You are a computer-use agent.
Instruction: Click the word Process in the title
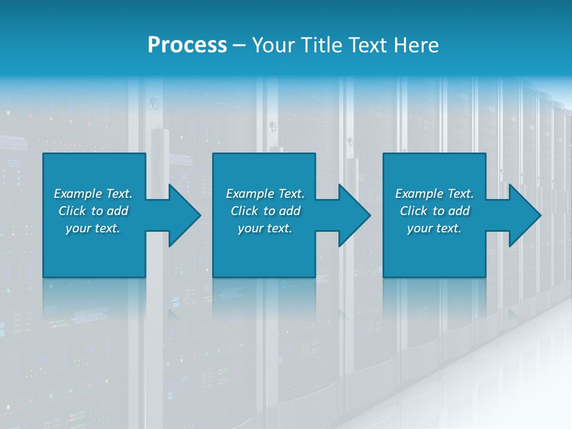pos(187,45)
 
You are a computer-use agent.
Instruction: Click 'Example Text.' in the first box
pos(93,194)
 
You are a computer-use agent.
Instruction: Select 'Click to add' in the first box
pos(93,211)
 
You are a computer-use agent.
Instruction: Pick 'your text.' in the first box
pos(93,228)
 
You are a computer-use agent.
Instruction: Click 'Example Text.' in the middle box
pos(265,194)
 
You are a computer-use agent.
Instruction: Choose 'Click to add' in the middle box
pos(265,211)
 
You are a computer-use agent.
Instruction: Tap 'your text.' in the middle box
pos(265,228)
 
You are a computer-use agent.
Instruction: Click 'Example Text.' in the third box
pos(434,194)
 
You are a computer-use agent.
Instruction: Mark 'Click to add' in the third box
pos(434,211)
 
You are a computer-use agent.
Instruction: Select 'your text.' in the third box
pos(434,228)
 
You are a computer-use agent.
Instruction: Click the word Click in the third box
pos(414,211)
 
